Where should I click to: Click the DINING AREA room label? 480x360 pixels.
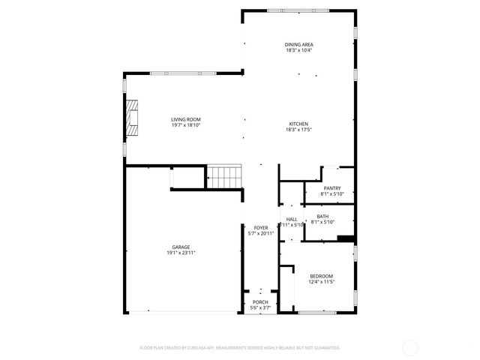click(x=298, y=45)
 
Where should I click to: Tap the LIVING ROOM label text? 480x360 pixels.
click(x=185, y=119)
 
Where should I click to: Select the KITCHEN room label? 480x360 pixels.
click(x=298, y=124)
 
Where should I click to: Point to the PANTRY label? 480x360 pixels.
click(x=332, y=188)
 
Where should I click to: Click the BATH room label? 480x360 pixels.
click(x=322, y=216)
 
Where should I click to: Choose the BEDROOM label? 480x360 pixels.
click(x=321, y=276)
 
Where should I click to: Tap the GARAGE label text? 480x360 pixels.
click(x=180, y=247)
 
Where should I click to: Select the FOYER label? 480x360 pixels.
click(x=261, y=227)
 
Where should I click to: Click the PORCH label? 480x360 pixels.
click(x=260, y=302)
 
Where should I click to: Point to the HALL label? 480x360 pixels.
click(x=292, y=219)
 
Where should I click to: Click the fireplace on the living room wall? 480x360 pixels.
click(x=132, y=118)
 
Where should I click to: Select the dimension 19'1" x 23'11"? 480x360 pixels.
click(x=180, y=253)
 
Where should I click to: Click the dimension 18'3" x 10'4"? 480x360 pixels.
click(x=298, y=51)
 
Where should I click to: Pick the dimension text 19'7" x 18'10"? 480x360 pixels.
click(x=185, y=125)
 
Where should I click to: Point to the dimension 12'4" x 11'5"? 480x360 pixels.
click(x=321, y=282)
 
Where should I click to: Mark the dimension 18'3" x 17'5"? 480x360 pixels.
click(x=298, y=130)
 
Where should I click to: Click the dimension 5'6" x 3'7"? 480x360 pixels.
click(x=260, y=307)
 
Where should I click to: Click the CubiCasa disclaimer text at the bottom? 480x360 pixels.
click(x=240, y=348)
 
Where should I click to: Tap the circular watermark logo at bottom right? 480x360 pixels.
click(x=410, y=347)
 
